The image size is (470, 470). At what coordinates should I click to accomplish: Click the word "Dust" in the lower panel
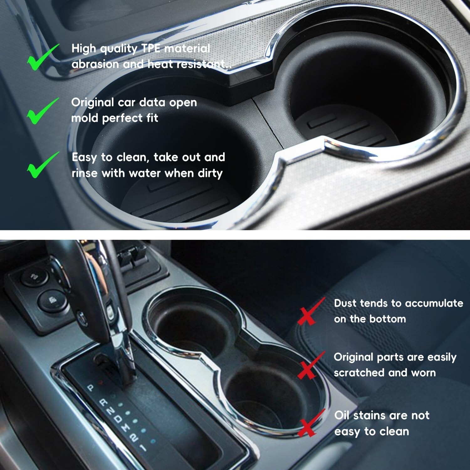pos(345,303)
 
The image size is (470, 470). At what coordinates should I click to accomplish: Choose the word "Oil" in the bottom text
pos(342,415)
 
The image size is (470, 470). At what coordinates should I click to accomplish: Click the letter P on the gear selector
pos(91,388)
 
